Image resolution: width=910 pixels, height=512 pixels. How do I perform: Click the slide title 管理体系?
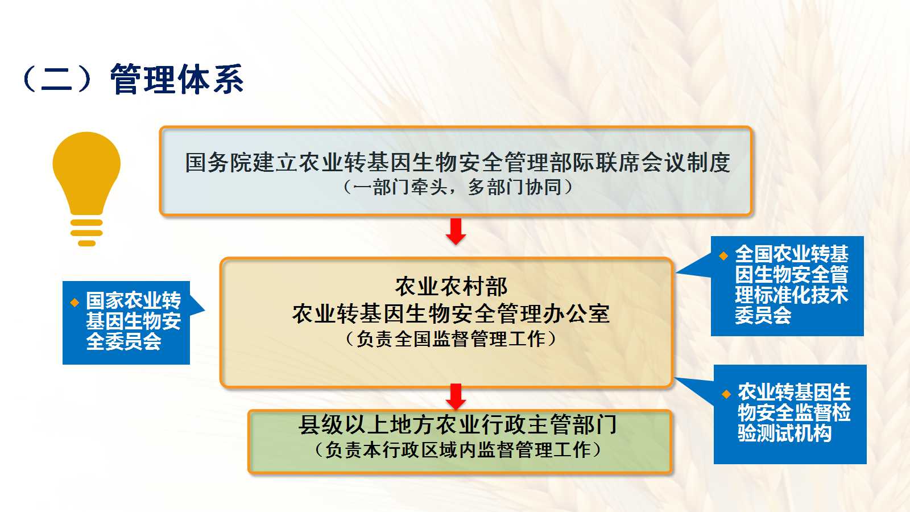(177, 79)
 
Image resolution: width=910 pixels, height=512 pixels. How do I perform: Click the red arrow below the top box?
(456, 231)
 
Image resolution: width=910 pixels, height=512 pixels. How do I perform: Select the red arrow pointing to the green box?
(456, 397)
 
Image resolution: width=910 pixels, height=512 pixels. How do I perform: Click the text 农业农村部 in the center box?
(452, 287)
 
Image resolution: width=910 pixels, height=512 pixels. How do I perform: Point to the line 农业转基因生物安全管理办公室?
(451, 313)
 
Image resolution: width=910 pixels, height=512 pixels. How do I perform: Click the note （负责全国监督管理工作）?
(451, 339)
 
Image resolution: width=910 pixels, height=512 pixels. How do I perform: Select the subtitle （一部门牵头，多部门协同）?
(458, 187)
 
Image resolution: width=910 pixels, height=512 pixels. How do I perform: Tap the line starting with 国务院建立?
(457, 163)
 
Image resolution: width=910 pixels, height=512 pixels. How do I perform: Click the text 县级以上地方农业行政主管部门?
(458, 425)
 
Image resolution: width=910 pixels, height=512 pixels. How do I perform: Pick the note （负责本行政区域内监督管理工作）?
(458, 450)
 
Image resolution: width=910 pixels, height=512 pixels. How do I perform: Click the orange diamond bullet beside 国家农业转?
(75, 302)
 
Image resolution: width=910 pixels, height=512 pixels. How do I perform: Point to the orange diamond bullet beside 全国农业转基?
(723, 255)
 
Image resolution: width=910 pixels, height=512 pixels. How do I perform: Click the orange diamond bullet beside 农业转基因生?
(726, 394)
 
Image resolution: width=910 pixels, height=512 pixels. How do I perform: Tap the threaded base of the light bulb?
(86, 233)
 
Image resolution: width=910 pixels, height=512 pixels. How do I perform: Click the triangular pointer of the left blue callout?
(197, 311)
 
